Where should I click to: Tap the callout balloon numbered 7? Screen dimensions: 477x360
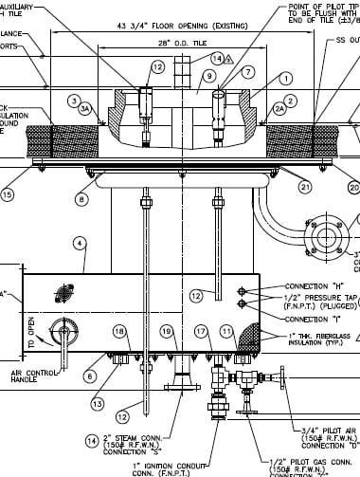pyautogui.click(x=248, y=72)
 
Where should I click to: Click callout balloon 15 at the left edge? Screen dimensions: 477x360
pyautogui.click(x=8, y=195)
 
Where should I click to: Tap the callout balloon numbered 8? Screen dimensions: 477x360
pyautogui.click(x=82, y=200)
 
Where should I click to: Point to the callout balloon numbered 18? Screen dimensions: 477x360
pyautogui.click(x=120, y=331)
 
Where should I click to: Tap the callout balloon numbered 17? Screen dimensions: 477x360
pyautogui.click(x=201, y=331)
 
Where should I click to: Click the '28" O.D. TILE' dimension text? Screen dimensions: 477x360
pyautogui.click(x=176, y=44)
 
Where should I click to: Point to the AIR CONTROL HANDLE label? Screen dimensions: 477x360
pyautogui.click(x=35, y=378)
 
